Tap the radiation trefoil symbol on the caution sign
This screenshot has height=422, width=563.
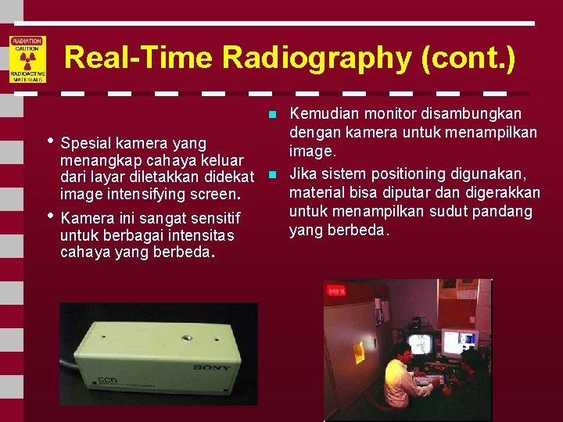click(27, 60)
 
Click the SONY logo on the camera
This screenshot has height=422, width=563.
click(213, 367)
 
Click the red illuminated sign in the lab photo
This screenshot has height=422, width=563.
click(338, 291)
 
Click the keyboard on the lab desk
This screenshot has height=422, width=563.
click(430, 381)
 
